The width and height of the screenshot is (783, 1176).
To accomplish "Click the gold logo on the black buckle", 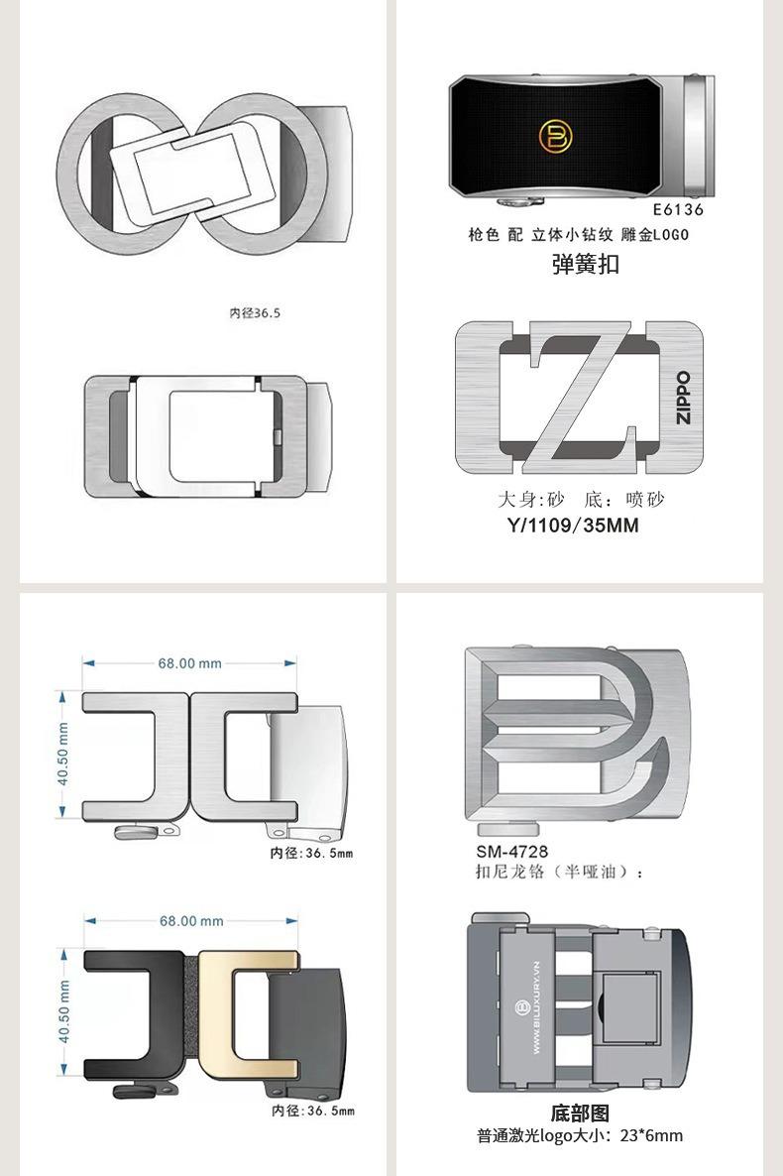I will (555, 138).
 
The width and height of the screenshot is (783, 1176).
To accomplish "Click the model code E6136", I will (678, 209).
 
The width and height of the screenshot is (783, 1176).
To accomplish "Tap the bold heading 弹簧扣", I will (586, 265).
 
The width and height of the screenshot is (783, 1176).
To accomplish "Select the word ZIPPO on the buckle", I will (683, 397).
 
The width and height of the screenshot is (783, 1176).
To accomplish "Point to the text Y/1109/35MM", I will (573, 526).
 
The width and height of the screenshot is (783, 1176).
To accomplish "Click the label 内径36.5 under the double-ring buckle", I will (256, 312).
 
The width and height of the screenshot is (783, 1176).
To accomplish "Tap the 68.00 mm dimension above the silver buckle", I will (189, 663).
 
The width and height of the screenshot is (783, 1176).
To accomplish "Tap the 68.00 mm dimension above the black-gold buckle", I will (191, 921).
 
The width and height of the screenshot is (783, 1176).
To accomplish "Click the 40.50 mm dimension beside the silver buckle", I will (63, 754).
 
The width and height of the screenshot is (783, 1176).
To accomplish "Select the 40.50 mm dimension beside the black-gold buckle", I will (63, 1011).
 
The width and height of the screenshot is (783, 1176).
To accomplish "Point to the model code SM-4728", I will (511, 851).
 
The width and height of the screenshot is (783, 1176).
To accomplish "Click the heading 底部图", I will (580, 1114).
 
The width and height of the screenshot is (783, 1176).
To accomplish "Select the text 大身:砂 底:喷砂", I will (581, 499).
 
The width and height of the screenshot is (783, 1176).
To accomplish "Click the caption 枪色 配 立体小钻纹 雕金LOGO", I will (578, 235).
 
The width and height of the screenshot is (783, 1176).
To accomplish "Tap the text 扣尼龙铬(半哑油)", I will (560, 872).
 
